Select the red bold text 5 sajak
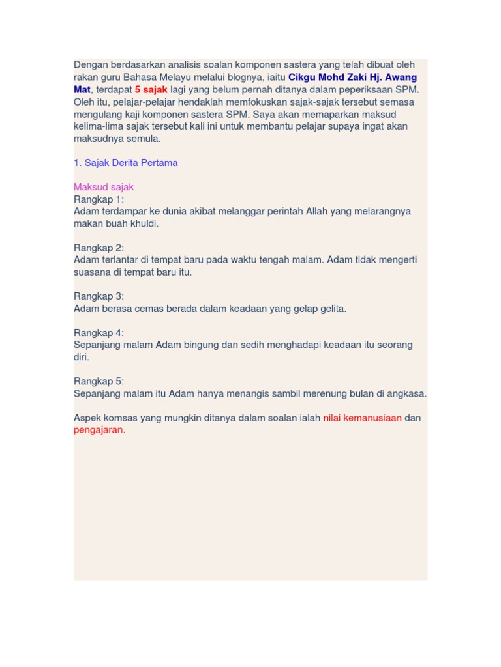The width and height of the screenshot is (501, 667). coord(151,89)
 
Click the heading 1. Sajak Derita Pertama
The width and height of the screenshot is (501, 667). coord(126,163)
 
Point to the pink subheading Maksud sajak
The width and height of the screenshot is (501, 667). coord(104,187)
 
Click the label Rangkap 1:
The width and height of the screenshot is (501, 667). coord(99,199)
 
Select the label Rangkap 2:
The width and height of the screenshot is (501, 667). coord(99,248)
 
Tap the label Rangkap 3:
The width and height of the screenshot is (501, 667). coord(99,296)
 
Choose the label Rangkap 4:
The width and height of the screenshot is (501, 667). coord(99,332)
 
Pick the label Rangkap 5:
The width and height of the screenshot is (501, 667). coord(99,381)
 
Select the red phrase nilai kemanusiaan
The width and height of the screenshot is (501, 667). coord(362,418)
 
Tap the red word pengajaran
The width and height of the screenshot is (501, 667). coord(98,430)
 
